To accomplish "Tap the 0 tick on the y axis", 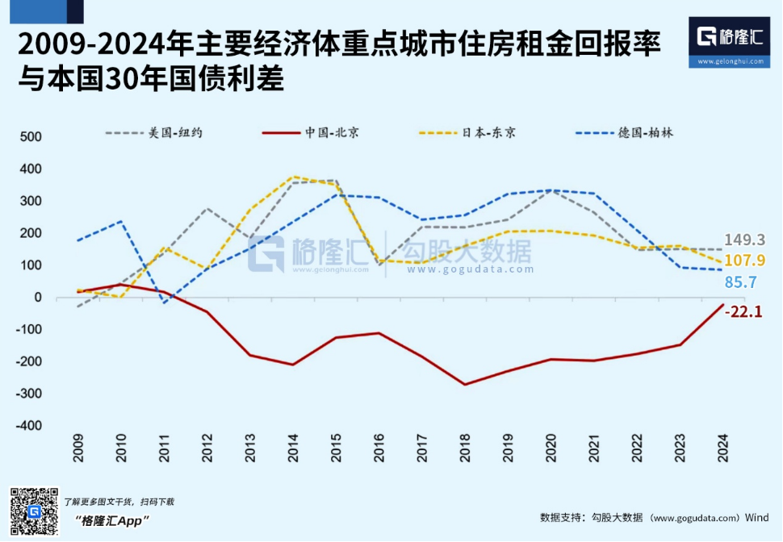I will [37, 298].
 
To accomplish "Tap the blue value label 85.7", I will [740, 282].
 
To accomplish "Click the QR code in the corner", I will [34, 512].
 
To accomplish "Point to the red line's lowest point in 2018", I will [465, 384].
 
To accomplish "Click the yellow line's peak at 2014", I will [293, 177].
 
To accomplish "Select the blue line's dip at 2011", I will [164, 302].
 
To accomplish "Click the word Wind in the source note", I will [756, 517].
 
